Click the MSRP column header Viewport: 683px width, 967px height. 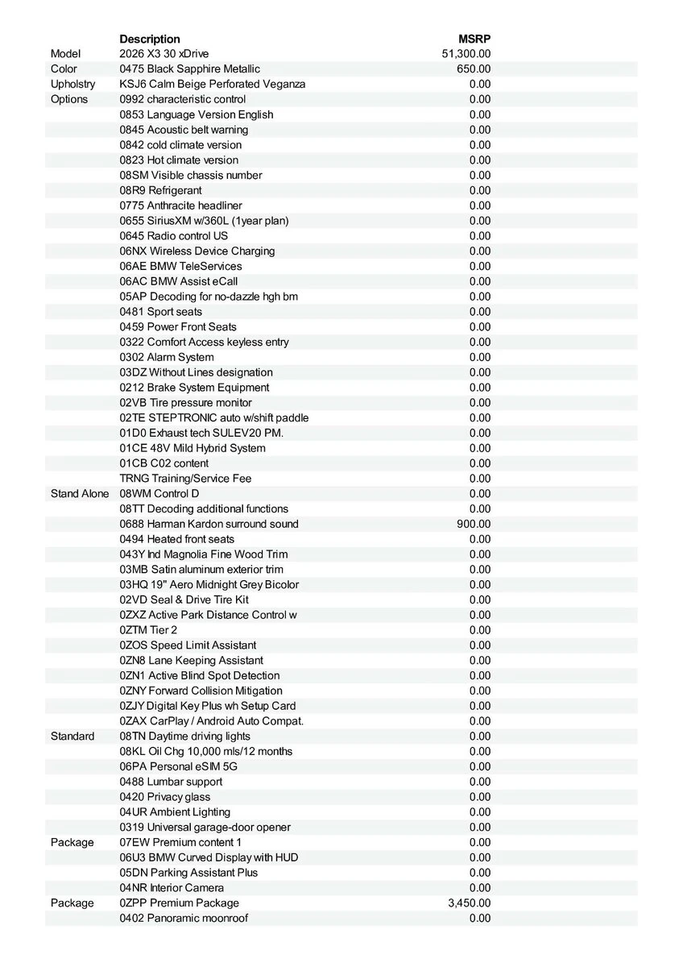tap(474, 39)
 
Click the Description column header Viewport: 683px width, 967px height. tap(150, 39)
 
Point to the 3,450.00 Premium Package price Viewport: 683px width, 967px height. tap(469, 903)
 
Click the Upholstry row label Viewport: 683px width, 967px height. tap(72, 84)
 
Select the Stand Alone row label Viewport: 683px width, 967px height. tap(79, 493)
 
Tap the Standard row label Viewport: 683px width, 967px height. tap(72, 737)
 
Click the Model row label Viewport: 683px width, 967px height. tap(65, 54)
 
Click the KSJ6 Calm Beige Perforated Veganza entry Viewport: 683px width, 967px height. tap(213, 84)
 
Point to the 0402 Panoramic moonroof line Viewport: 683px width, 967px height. tap(184, 919)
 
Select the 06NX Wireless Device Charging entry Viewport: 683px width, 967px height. tap(197, 251)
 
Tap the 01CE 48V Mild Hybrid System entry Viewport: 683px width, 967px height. tap(192, 448)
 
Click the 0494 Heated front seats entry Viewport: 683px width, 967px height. tap(177, 539)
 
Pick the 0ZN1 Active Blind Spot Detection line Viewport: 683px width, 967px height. tap(200, 675)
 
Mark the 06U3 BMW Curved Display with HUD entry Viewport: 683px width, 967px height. tap(209, 857)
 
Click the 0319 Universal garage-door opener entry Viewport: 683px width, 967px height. tap(205, 828)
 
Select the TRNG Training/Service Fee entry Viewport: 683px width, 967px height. tap(186, 479)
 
